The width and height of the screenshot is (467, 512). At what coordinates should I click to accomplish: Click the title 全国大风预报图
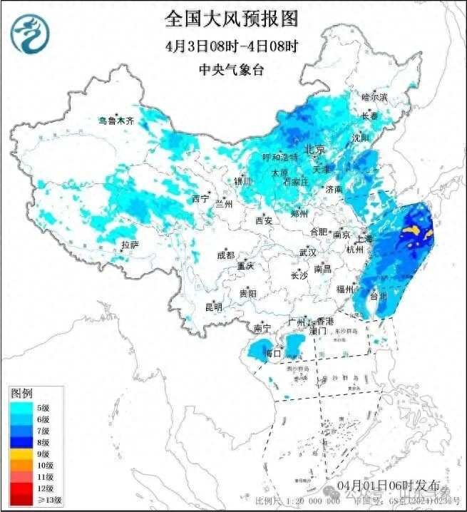[x=232, y=16]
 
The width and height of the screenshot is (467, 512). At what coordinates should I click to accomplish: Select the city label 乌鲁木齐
[x=116, y=121]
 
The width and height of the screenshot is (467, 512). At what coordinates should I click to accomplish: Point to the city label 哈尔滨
[x=374, y=96]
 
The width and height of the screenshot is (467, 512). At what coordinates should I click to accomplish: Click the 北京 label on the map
[x=314, y=150]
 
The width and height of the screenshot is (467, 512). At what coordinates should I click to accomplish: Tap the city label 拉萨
[x=129, y=245]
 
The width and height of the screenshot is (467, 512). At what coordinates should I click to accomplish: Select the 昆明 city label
[x=213, y=307]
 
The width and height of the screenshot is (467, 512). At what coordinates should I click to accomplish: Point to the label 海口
[x=272, y=353]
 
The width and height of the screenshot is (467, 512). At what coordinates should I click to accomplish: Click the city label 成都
[x=225, y=255]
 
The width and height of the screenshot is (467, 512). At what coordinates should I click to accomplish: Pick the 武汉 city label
[x=308, y=252]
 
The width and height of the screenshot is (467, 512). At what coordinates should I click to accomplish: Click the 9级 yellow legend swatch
[x=19, y=453]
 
